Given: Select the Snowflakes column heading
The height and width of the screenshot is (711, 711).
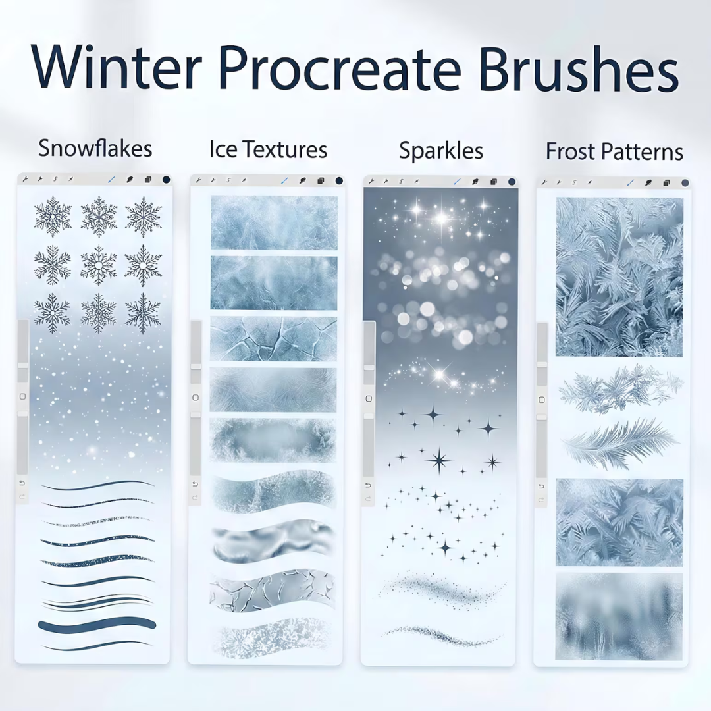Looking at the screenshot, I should click(x=95, y=148).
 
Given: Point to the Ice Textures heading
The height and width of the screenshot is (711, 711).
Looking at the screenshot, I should click(x=268, y=149).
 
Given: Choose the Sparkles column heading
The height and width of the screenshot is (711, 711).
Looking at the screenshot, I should click(x=440, y=151).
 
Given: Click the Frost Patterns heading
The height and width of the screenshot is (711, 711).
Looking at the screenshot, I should click(x=614, y=152).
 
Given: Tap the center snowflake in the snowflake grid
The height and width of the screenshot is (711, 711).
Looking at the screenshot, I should click(x=99, y=265).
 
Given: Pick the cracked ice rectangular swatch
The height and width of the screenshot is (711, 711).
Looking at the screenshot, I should click(x=273, y=338).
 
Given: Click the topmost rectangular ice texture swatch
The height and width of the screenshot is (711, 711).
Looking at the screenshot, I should click(x=273, y=223).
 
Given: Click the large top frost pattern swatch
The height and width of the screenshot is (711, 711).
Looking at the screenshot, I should click(x=619, y=276).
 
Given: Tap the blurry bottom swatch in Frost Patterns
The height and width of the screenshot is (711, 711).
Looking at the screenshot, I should click(x=619, y=616).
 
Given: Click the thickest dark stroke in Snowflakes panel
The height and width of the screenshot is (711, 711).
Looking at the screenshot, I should click(x=97, y=625).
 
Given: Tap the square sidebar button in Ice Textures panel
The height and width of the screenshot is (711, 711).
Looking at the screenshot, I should click(x=196, y=398).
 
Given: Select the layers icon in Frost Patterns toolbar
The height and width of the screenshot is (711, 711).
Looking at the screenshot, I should click(x=667, y=182).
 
